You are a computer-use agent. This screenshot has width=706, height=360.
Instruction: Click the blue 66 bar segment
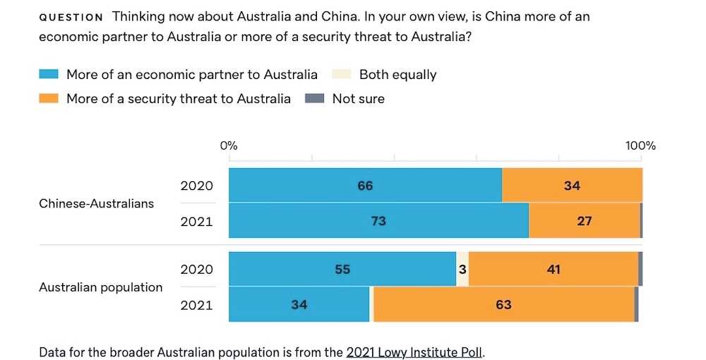point(365,186)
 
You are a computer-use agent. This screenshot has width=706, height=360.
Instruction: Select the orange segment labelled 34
point(572,186)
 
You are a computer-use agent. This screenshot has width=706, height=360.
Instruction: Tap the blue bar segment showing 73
point(378,221)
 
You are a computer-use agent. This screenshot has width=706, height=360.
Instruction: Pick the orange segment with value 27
point(584,221)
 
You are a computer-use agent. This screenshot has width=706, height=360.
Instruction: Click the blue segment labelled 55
point(342,269)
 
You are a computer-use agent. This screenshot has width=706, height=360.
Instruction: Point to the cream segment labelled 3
point(462,269)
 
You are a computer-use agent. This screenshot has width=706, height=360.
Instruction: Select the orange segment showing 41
point(554,269)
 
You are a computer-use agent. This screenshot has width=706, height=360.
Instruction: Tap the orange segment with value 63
point(503,305)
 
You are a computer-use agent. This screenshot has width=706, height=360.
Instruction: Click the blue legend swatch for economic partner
point(48,74)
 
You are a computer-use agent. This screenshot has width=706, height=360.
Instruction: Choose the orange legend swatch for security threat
point(48,99)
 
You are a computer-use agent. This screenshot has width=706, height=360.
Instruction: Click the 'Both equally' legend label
point(397,74)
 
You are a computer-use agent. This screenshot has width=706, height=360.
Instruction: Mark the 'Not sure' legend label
point(358,99)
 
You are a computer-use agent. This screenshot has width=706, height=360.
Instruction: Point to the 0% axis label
point(229,146)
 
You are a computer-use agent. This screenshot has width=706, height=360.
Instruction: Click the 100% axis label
point(640,146)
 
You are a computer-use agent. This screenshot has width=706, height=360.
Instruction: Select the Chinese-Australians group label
point(96,203)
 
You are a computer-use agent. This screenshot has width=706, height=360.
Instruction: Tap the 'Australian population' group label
point(100,287)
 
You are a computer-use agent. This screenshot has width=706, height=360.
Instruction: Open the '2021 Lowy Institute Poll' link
point(414,352)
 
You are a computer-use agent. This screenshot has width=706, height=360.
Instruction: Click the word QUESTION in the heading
point(71,17)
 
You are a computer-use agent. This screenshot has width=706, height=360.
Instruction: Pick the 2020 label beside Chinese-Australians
point(196,186)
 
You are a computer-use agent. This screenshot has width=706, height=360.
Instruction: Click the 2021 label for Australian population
point(196,305)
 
